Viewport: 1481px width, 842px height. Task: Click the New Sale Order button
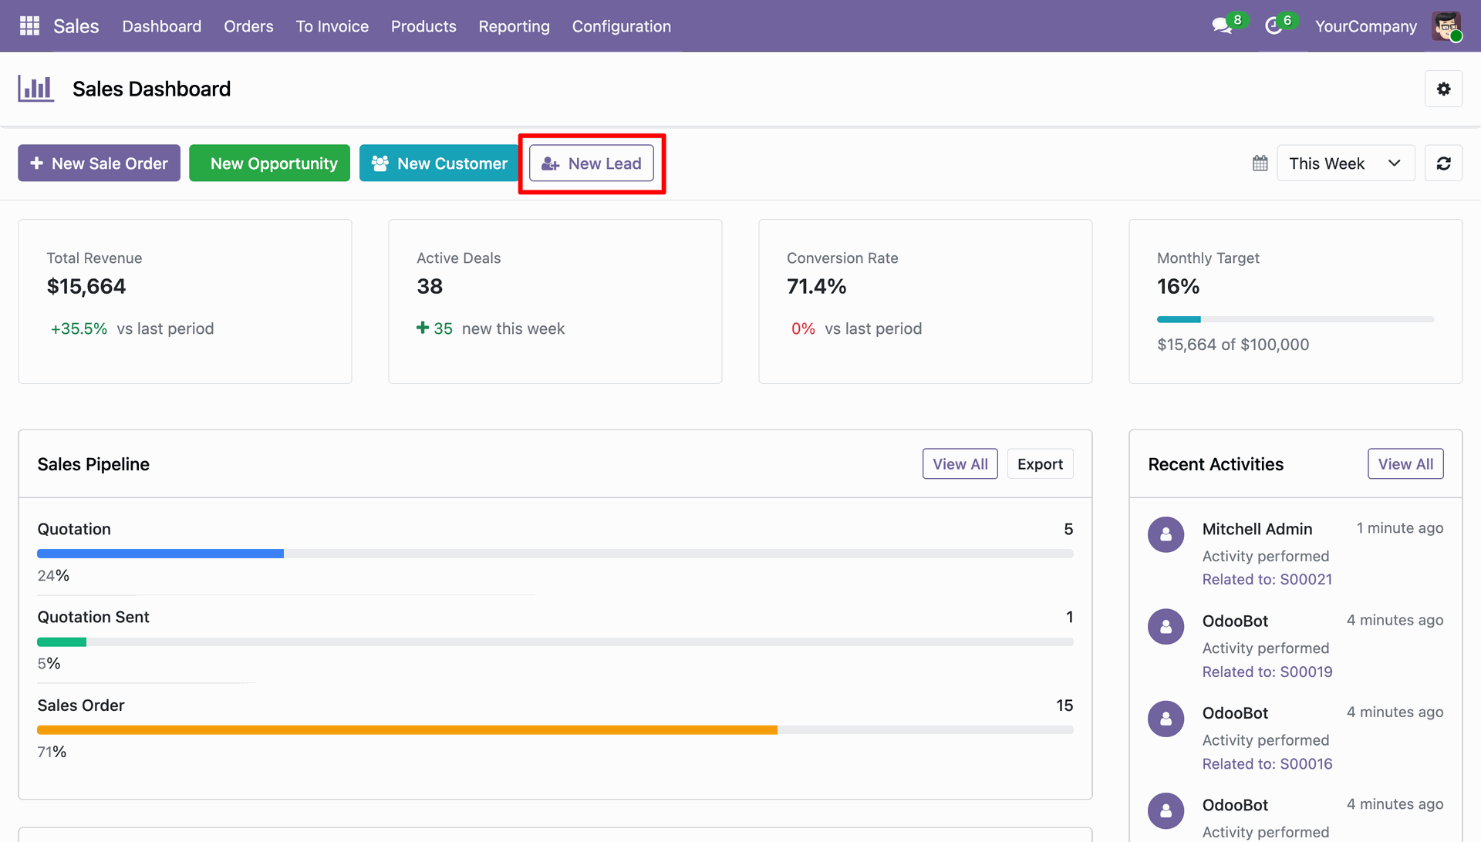(99, 163)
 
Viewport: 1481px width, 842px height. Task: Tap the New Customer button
(439, 163)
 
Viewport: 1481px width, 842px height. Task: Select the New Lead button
(592, 163)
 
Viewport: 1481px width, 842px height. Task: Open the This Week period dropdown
(1345, 163)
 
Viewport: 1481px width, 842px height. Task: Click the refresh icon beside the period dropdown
(1443, 163)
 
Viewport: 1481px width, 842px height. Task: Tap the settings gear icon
(1443, 89)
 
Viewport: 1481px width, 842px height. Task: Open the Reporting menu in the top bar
(514, 26)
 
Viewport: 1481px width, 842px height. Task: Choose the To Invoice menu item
(332, 26)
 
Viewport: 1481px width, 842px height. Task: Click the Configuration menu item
(622, 26)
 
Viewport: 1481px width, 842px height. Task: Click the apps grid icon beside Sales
(29, 26)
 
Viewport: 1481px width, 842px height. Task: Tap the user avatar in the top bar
(1446, 26)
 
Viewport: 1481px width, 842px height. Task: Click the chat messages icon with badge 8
(1223, 26)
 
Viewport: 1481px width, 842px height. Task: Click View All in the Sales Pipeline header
(960, 464)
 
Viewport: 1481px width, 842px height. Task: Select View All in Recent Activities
(1405, 464)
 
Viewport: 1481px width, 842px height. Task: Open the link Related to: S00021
(1267, 580)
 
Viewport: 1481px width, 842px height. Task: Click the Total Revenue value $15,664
(86, 287)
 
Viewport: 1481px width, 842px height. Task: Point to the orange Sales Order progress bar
(407, 729)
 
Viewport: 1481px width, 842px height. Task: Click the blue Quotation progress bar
(160, 554)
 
